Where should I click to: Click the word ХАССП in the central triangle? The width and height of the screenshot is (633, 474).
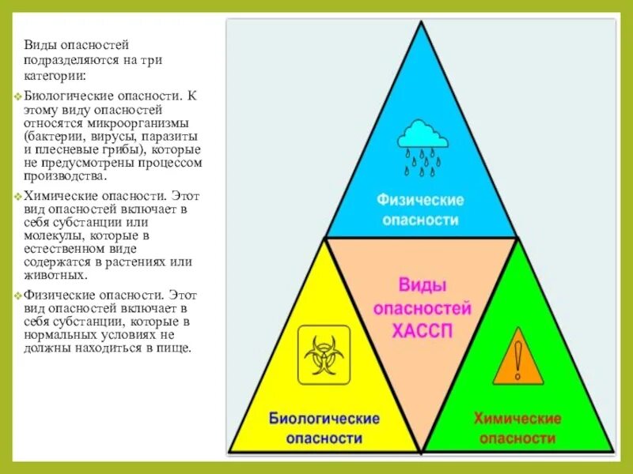423,331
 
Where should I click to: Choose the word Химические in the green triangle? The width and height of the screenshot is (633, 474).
517,418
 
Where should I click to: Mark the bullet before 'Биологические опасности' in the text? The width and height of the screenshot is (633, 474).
17,96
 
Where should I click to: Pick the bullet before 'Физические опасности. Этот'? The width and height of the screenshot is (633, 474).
17,295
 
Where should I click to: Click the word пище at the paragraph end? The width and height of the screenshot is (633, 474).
175,348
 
